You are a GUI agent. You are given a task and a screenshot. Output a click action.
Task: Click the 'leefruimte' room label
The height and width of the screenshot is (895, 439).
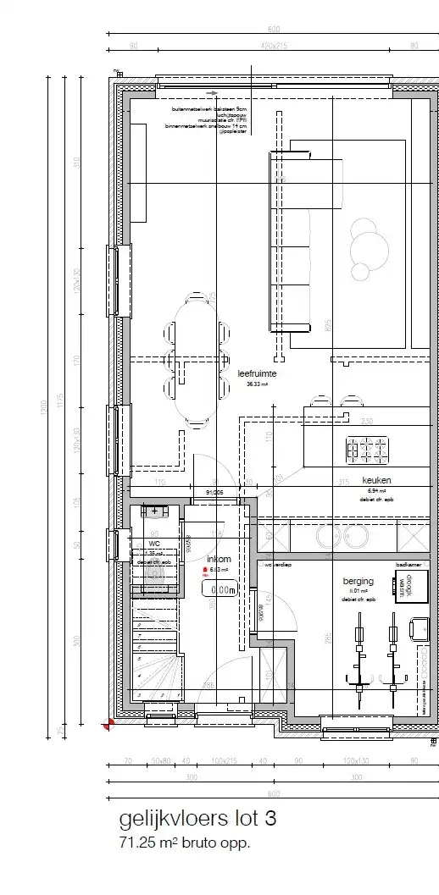(x=258, y=373)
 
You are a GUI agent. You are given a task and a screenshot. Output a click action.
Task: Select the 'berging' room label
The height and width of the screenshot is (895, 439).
(x=358, y=581)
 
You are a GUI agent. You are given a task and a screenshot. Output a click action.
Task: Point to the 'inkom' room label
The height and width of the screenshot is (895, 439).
(x=219, y=560)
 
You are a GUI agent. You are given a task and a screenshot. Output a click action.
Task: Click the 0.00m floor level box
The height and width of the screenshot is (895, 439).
(x=223, y=590)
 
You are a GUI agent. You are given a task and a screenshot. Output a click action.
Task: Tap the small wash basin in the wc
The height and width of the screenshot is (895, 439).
(x=155, y=511)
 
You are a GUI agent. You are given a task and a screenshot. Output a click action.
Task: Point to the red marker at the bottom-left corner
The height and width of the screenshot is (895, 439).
(x=108, y=723)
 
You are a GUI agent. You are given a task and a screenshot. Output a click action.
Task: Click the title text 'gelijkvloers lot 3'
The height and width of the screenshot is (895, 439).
(x=197, y=820)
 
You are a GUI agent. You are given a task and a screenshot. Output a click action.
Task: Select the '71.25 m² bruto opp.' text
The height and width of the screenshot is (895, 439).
(x=185, y=843)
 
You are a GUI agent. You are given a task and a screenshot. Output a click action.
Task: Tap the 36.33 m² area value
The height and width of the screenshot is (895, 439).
(x=257, y=384)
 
